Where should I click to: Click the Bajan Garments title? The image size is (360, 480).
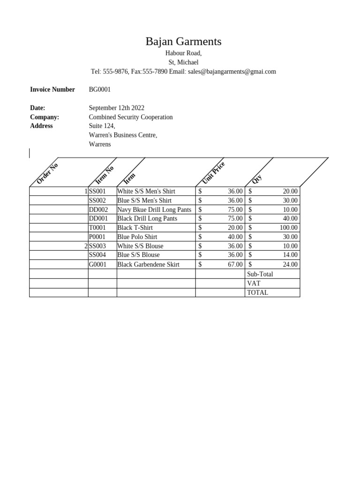(183, 42)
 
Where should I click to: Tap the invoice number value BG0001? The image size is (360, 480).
(100, 90)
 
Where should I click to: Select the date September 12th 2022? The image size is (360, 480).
(116, 108)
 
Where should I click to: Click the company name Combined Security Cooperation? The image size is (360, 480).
(131, 117)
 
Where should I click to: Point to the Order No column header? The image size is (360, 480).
(47, 173)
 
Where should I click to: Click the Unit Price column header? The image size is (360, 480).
(213, 172)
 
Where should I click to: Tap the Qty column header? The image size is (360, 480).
(257, 179)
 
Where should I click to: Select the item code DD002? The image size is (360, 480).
(98, 210)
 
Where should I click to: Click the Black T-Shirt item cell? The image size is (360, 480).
(135, 228)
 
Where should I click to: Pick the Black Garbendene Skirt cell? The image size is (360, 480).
(148, 264)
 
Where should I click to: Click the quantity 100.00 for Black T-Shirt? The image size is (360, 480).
(289, 228)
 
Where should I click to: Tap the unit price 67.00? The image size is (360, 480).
(235, 264)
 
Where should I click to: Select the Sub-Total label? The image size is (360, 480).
(260, 274)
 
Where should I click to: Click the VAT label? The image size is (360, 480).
(254, 284)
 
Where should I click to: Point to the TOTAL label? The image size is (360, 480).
(257, 292)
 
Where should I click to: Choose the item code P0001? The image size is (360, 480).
(97, 237)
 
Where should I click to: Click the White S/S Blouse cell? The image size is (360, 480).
(140, 246)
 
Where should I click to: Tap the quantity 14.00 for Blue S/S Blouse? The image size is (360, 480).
(290, 255)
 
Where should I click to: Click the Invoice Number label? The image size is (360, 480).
(52, 90)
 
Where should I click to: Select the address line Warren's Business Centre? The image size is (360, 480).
(123, 135)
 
